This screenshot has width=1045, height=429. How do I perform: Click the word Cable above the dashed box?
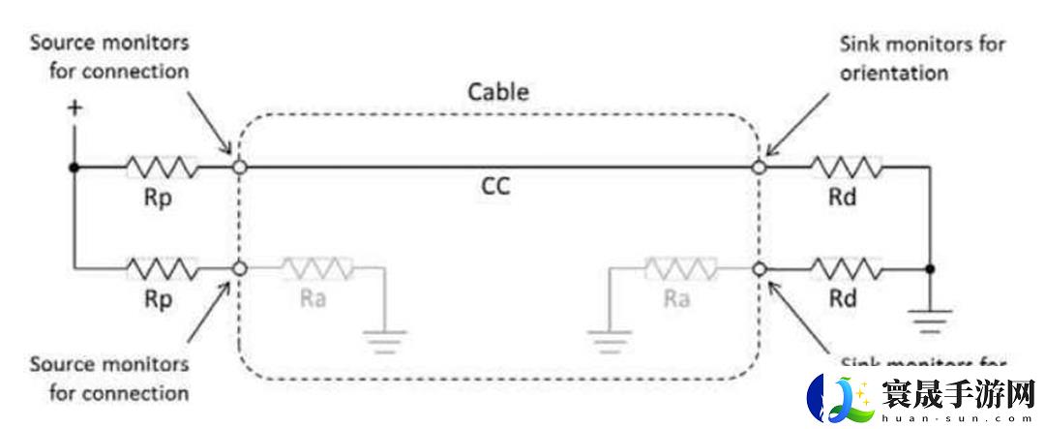click(498, 93)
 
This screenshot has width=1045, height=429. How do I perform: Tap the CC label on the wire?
click(495, 186)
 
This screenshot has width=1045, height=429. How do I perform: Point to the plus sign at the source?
click(74, 108)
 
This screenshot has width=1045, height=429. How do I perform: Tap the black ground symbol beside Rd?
click(930, 318)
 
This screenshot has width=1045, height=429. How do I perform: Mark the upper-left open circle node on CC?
click(240, 168)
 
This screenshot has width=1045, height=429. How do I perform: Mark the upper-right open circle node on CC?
click(760, 168)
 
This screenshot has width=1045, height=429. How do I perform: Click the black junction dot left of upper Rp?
click(74, 168)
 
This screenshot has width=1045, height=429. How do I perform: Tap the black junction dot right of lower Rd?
click(930, 268)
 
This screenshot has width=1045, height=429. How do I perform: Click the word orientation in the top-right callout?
click(892, 73)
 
